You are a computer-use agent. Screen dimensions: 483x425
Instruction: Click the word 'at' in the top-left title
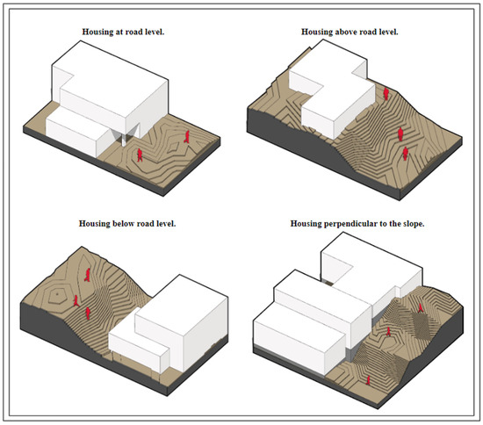click(x=119, y=32)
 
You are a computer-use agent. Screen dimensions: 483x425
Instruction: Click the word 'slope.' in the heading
click(x=414, y=224)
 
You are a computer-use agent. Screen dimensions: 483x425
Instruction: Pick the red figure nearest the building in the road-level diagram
click(x=140, y=155)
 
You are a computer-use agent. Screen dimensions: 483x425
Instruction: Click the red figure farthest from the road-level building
click(x=187, y=136)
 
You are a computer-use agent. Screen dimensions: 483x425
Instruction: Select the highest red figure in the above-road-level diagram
click(x=386, y=94)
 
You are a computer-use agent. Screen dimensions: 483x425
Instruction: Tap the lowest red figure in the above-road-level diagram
click(x=406, y=154)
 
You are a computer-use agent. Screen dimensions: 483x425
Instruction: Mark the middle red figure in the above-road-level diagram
click(x=400, y=134)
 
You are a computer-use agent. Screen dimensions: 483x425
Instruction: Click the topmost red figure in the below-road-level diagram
click(x=88, y=275)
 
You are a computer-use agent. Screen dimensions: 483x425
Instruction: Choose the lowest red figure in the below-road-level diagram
click(x=88, y=313)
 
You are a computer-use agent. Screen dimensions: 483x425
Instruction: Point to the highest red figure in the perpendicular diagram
click(x=420, y=307)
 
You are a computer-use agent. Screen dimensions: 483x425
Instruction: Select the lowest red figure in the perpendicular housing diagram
click(x=368, y=380)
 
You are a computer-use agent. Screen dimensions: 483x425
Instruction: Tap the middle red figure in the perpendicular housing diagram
click(x=389, y=331)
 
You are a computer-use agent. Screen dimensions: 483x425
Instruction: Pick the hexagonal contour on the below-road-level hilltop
click(x=57, y=295)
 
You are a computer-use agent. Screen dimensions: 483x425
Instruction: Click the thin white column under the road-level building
click(x=124, y=140)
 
